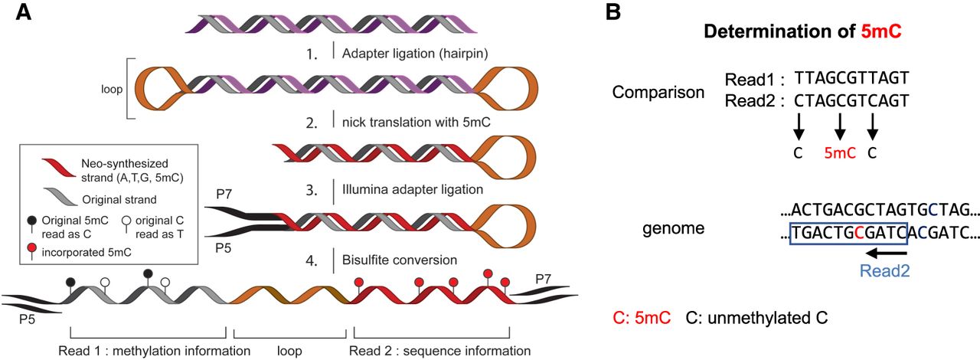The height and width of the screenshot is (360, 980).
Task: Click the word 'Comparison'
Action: click(658, 93)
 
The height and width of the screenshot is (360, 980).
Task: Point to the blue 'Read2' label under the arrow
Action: click(884, 270)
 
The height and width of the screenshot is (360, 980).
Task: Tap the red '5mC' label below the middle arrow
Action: click(839, 152)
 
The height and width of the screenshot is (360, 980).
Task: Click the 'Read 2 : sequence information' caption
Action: click(439, 352)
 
